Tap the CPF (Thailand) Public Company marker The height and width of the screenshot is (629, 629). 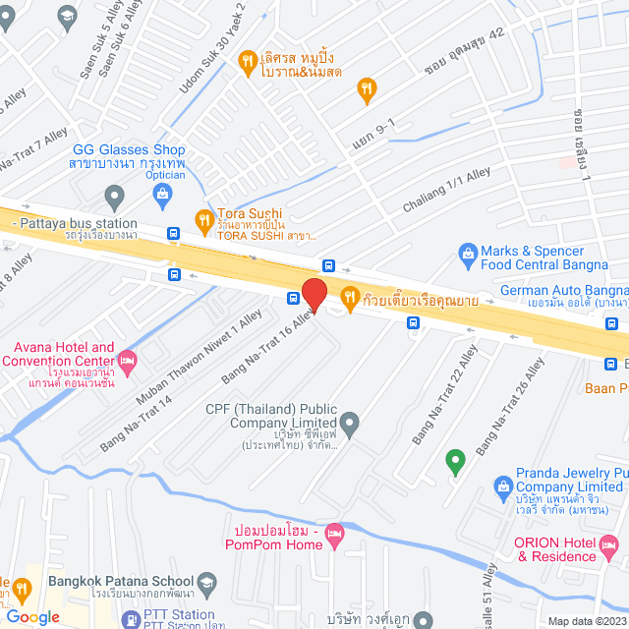(349, 425)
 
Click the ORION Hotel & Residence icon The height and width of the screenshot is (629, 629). (608, 543)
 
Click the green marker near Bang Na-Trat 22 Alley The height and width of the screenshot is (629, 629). (454, 459)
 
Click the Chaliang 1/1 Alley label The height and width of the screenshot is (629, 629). (446, 191)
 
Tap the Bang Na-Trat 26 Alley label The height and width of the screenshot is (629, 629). (509, 406)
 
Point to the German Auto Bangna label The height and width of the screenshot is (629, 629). (563, 291)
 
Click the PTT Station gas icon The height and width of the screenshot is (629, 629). (130, 619)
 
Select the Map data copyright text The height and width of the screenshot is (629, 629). (586, 620)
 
